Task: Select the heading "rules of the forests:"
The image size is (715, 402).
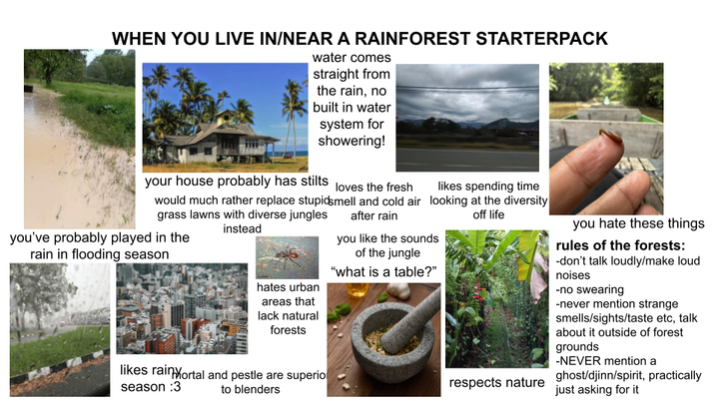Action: (620, 246)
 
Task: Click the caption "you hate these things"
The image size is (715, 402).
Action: (638, 223)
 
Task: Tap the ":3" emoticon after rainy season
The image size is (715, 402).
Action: (169, 386)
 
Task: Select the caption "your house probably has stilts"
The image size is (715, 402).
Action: (234, 182)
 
